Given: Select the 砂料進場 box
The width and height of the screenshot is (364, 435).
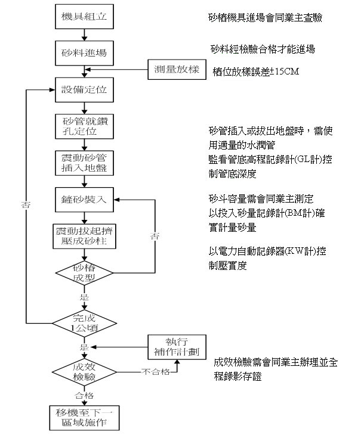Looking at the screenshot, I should pos(84,52).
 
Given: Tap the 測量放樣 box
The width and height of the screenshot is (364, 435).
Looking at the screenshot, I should pos(177,70).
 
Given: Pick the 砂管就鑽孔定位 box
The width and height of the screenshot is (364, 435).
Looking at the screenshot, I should pos(84,126).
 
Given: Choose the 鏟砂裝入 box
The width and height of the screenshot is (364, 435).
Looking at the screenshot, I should pos(84,198).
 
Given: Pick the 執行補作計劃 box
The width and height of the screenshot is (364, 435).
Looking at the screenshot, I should pos(177,347).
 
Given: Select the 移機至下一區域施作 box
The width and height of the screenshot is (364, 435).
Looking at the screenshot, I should pos(84,418).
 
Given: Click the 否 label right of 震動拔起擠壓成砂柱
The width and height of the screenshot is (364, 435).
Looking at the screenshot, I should pos(156,236).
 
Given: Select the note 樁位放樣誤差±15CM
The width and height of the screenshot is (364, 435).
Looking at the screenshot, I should pos(255,72).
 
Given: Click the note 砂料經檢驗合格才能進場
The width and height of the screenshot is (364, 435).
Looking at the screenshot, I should pos(263,48).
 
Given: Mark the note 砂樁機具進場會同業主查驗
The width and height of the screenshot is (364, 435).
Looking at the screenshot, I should pos(263,18).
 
